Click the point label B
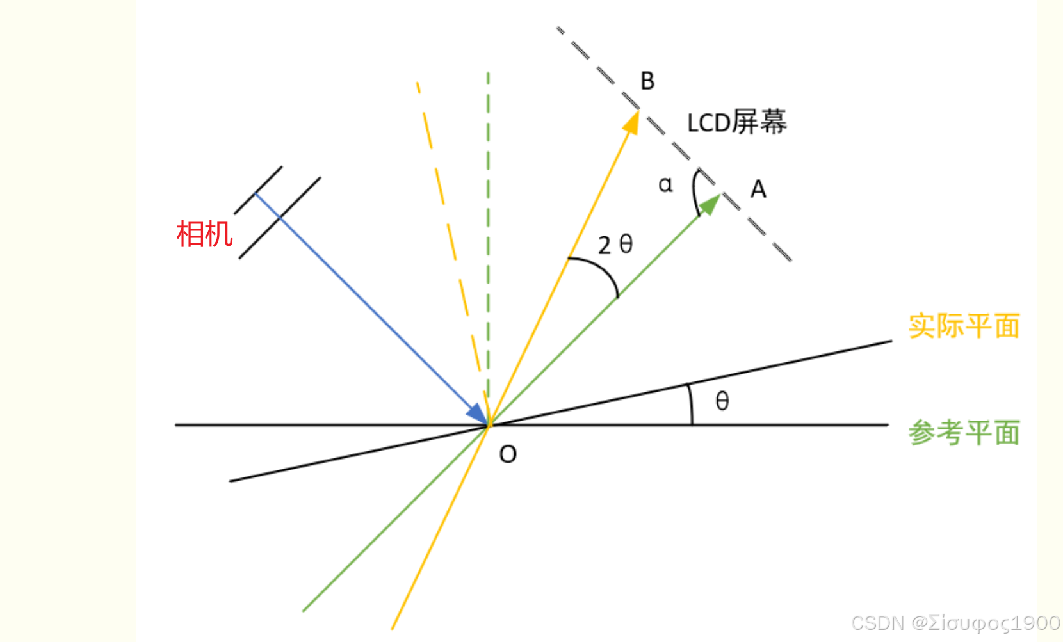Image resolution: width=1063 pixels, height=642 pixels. [x=647, y=81]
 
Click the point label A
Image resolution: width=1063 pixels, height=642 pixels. [x=758, y=189]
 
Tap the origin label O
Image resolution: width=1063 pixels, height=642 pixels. [x=508, y=454]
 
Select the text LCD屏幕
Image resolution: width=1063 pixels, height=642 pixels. [x=736, y=122]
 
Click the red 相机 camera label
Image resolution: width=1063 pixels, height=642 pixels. [x=204, y=234]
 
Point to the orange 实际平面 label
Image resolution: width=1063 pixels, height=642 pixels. [x=964, y=326]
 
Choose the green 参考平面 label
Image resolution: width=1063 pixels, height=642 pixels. [x=964, y=433]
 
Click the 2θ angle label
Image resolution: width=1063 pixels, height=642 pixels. [x=615, y=245]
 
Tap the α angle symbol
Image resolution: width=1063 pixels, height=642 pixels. [x=665, y=185]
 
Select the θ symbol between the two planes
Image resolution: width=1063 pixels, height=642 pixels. [x=722, y=401]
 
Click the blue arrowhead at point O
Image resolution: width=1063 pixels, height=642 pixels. [x=478, y=414]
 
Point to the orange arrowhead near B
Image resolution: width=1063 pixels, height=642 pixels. [x=633, y=122]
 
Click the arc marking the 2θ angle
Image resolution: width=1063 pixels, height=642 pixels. [x=602, y=268]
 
